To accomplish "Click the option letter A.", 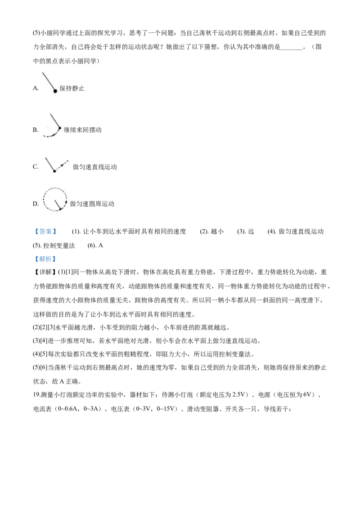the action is click(36, 88).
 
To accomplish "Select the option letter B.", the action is click(36, 130).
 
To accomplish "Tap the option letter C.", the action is click(36, 167).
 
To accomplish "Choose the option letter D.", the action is click(36, 204).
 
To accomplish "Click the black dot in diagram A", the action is click(55, 91).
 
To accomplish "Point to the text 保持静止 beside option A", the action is click(72, 88).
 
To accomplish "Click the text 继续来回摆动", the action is click(82, 130).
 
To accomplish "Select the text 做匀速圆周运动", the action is click(92, 204).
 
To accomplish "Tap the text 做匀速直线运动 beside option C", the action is click(95, 167).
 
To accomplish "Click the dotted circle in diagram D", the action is click(44, 200).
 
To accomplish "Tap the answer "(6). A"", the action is click(95, 246).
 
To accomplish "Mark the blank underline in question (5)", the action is click(292, 49).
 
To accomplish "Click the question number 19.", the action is click(36, 395).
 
